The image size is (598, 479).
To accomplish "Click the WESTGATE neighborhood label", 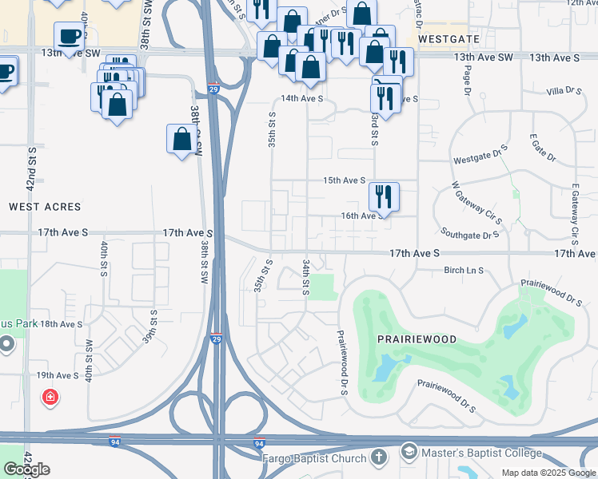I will pyautogui.click(x=448, y=38).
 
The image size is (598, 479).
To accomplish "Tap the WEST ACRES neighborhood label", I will pyautogui.click(x=45, y=207).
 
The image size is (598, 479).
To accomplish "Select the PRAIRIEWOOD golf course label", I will pyautogui.click(x=417, y=339).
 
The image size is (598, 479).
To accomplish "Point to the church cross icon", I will pyautogui.click(x=379, y=457).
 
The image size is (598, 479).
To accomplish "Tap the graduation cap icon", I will pyautogui.click(x=409, y=453).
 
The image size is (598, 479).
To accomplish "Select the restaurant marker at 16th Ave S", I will pyautogui.click(x=384, y=196).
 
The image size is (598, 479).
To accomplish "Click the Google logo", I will pyautogui.click(x=26, y=469).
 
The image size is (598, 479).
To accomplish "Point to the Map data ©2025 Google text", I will pyautogui.click(x=548, y=473).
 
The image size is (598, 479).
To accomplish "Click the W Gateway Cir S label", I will pyautogui.click(x=476, y=203).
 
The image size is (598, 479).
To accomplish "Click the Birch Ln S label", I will pyautogui.click(x=464, y=271).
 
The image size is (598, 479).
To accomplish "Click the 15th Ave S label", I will pyautogui.click(x=344, y=181).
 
